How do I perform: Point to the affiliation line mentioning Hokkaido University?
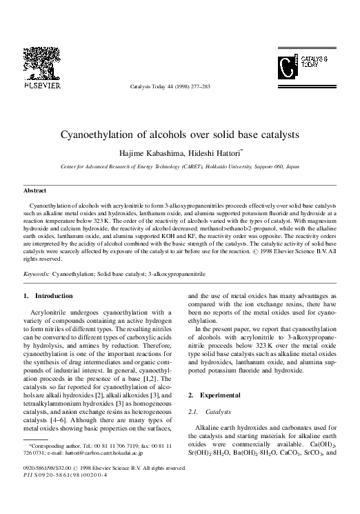[x=180, y=167]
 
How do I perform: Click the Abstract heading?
[x=35, y=190]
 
